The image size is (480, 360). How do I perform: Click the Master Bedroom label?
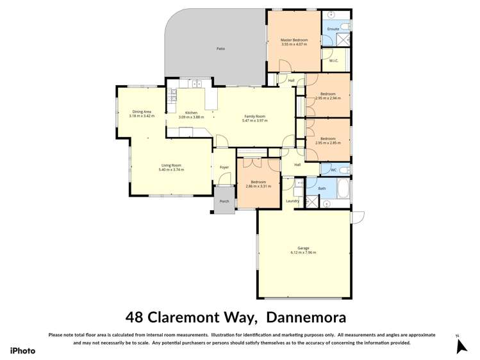pyautogui.click(x=294, y=40)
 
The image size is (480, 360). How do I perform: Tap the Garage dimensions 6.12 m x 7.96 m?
pyautogui.click(x=303, y=253)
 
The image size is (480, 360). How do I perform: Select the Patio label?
pyautogui.click(x=220, y=49)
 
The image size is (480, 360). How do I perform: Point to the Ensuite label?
pyautogui.click(x=333, y=29)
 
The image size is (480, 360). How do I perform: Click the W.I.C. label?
pyautogui.click(x=333, y=61)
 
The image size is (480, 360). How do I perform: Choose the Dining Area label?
pyautogui.click(x=142, y=111)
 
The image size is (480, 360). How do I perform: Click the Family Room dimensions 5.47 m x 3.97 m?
pyautogui.click(x=254, y=120)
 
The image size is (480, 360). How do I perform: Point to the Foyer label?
pyautogui.click(x=224, y=167)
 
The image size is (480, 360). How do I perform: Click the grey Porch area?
pyautogui.click(x=224, y=201)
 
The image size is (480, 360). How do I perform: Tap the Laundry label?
pyautogui.click(x=293, y=201)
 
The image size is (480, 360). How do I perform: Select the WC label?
pyautogui.click(x=333, y=170)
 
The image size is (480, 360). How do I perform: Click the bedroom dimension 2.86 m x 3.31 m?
pyautogui.click(x=258, y=186)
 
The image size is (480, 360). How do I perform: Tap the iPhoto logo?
pyautogui.click(x=22, y=350)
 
